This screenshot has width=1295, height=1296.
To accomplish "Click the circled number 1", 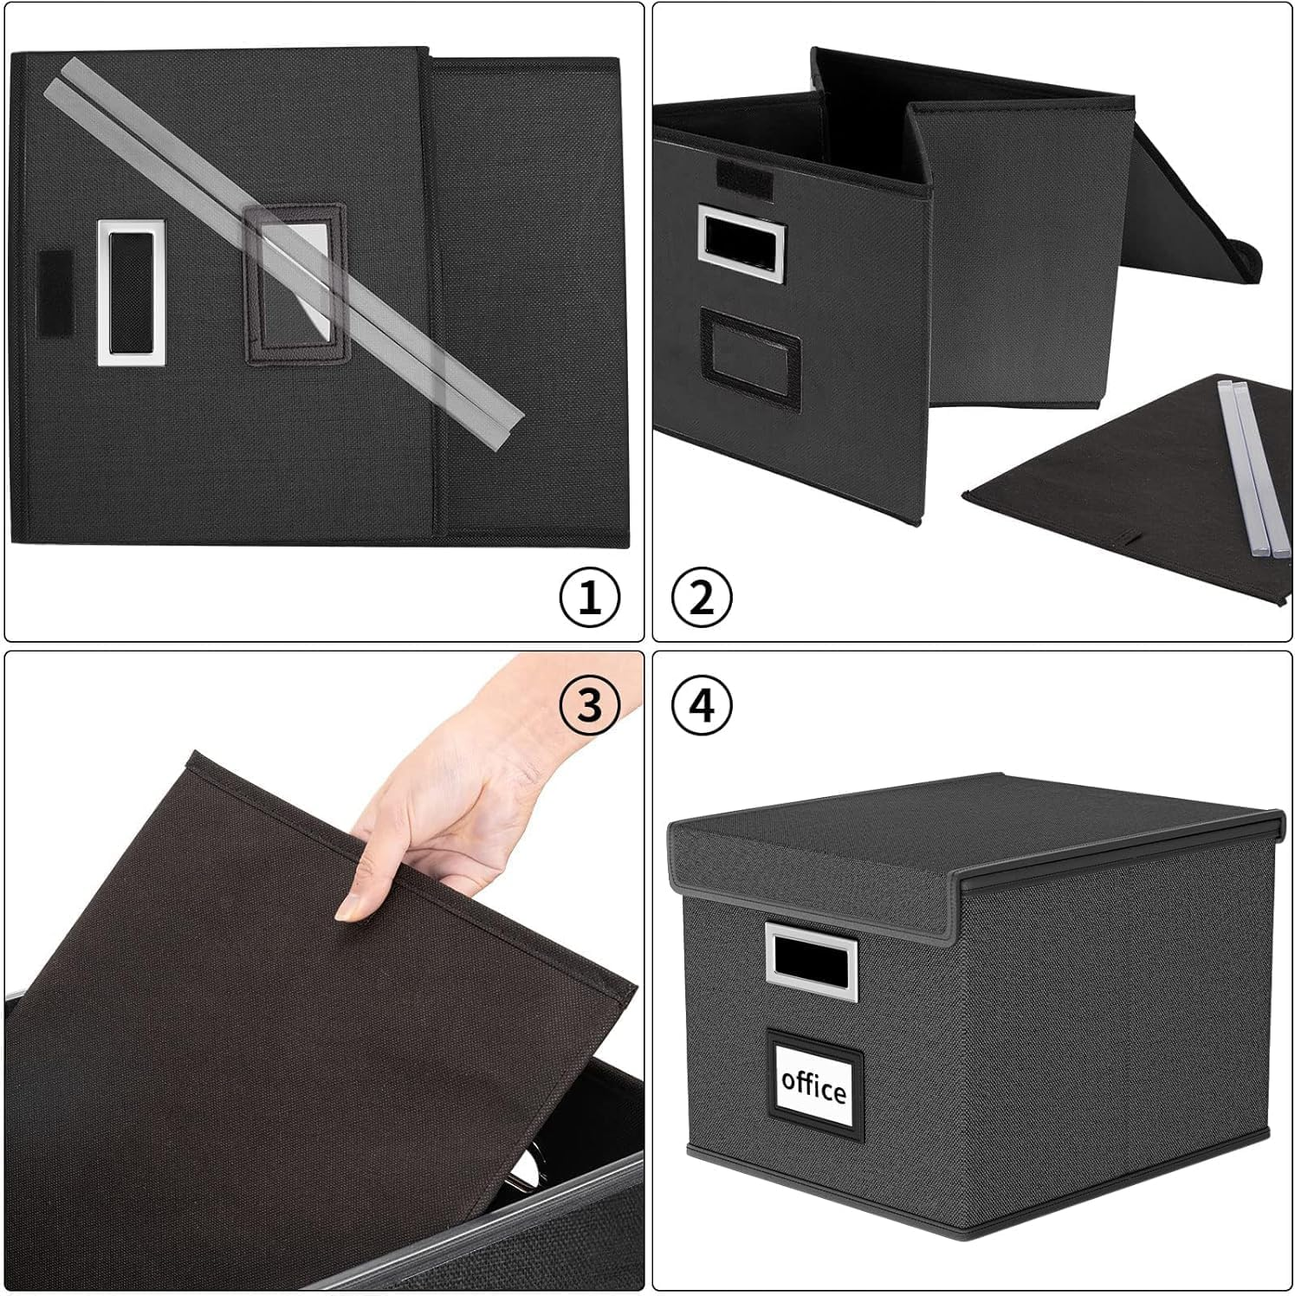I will (589, 598).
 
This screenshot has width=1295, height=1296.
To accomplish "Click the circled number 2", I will (702, 598).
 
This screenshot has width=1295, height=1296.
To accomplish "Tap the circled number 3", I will (589, 705).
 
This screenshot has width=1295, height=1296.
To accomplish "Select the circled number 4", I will (702, 705).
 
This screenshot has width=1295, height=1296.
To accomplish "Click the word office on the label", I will (813, 1085).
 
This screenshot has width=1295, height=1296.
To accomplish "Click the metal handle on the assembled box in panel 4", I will (810, 961).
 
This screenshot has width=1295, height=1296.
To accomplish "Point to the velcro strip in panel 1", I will (54, 294).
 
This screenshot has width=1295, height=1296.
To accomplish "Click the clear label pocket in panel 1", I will (296, 283).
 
